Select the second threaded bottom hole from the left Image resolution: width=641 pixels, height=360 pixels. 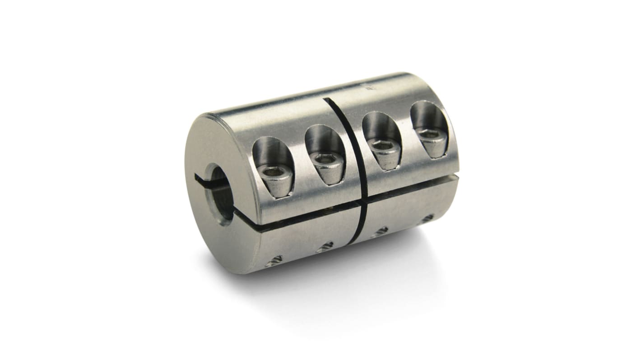pyautogui.click(x=324, y=246)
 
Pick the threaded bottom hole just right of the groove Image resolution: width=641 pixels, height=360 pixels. pyautogui.click(x=381, y=231)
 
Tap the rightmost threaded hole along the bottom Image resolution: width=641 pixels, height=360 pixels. pyautogui.click(x=426, y=217)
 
